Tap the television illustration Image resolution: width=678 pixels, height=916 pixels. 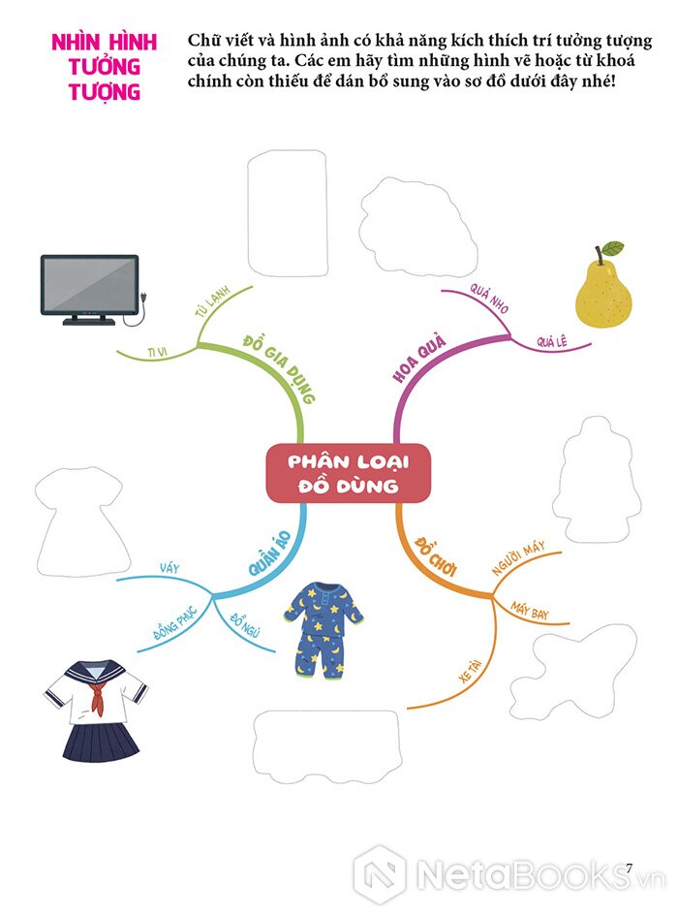point(89,287)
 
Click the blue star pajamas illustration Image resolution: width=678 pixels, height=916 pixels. point(324,629)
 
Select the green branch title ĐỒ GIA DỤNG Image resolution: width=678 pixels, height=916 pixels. point(278,369)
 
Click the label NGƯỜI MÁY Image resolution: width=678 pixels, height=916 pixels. point(519,559)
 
